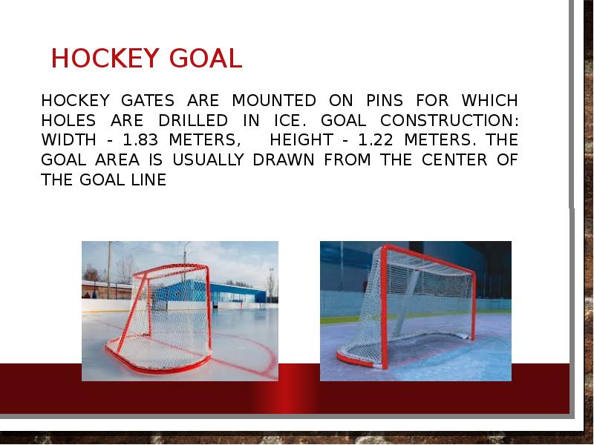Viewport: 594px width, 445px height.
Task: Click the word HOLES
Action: point(68,120)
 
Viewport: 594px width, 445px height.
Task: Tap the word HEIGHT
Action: point(301,140)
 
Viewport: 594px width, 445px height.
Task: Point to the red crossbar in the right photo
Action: point(431,259)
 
